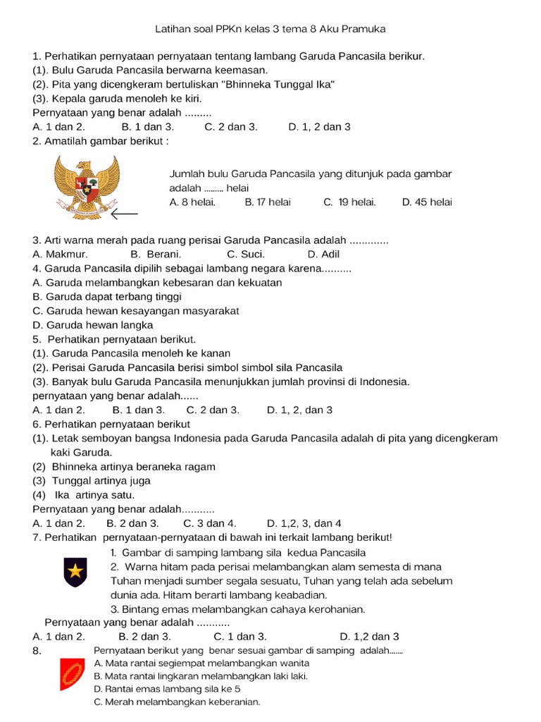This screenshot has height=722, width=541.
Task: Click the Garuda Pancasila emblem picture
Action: coord(87,187)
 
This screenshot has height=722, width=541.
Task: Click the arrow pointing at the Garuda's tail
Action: coord(124,213)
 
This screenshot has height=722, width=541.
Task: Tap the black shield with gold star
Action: coord(74,571)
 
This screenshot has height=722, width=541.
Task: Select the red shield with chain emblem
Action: coord(71,675)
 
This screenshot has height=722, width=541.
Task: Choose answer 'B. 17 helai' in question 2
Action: coord(267,202)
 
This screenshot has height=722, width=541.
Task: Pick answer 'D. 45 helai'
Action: coord(427,202)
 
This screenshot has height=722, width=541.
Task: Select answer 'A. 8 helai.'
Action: coord(192,202)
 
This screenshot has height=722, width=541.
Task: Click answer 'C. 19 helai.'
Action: coord(349,202)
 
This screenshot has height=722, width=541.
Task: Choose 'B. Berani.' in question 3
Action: coord(156,255)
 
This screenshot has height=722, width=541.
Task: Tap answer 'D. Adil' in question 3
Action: coord(323,255)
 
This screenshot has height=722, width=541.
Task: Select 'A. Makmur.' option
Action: coord(60,255)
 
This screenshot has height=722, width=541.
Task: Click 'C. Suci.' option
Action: coord(246,255)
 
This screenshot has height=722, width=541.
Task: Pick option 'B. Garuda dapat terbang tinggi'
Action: coord(106,297)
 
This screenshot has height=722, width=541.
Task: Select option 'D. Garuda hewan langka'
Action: coord(92,325)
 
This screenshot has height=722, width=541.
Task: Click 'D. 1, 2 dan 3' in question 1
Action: coord(319,127)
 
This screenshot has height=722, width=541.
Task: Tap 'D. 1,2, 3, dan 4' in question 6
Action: coord(304,523)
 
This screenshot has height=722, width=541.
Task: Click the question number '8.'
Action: coord(38,651)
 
